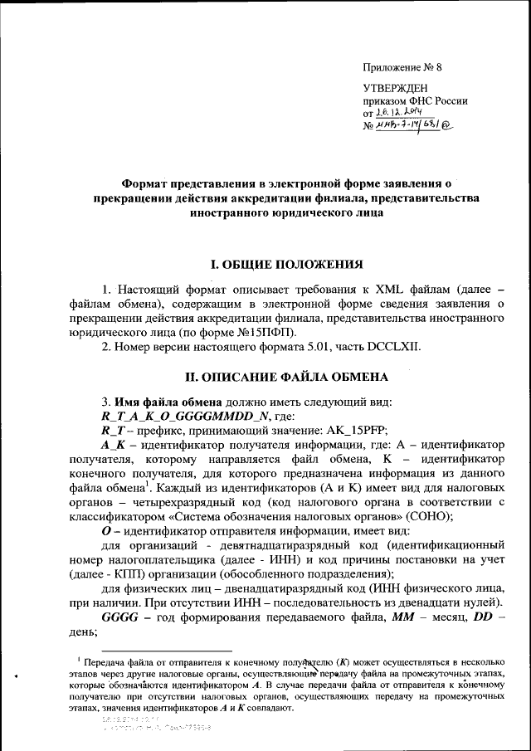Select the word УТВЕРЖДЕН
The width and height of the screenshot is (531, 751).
(395, 89)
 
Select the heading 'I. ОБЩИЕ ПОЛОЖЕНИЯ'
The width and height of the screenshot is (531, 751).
(286, 266)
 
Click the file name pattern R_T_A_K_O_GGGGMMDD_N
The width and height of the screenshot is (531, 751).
(191, 415)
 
